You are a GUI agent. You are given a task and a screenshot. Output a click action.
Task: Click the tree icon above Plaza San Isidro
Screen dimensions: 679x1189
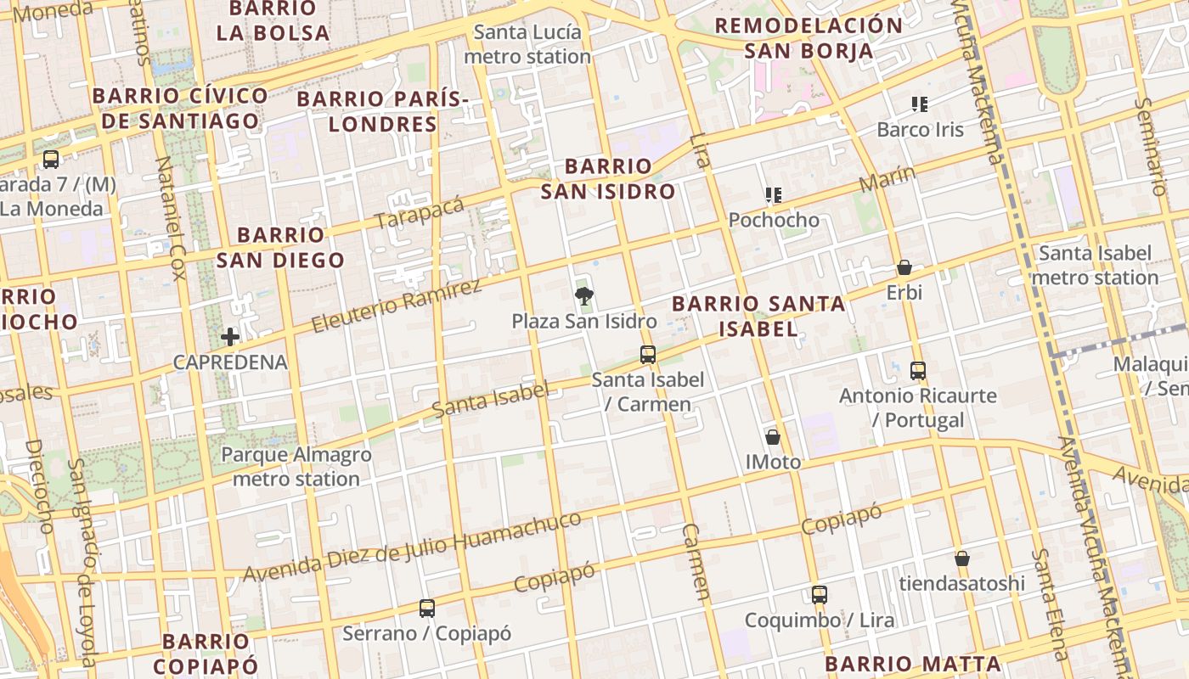(584, 296)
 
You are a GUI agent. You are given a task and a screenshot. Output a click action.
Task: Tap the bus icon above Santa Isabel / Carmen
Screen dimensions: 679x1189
(648, 355)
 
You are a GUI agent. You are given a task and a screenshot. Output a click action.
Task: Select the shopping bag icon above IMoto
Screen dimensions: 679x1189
(773, 437)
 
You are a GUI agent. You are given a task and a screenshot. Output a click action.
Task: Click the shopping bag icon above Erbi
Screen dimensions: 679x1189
(904, 267)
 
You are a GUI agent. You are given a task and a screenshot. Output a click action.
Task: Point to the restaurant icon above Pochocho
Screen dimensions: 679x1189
(774, 195)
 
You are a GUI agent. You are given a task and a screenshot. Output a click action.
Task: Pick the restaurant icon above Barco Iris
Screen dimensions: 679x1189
(920, 104)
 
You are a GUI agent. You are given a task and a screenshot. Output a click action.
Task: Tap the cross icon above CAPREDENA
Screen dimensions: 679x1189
(230, 337)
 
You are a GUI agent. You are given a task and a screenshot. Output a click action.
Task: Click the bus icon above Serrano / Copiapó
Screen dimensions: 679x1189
(427, 609)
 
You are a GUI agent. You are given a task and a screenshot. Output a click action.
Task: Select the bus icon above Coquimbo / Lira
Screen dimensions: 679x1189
(820, 595)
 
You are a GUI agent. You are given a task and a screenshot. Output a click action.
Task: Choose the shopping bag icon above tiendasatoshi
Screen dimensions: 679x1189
(962, 558)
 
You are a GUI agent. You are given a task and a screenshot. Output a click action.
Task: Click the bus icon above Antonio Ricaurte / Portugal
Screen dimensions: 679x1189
(918, 371)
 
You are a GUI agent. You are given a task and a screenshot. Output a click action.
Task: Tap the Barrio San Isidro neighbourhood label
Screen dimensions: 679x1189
(608, 178)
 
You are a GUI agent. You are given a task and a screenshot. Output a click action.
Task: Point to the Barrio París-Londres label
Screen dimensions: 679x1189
(382, 111)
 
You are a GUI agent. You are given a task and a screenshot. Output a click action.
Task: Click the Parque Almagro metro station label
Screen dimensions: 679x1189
(296, 467)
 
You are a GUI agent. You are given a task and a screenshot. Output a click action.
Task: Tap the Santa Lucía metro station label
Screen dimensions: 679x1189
(527, 45)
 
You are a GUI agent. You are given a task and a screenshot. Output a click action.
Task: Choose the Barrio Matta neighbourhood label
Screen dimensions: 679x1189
(913, 664)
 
